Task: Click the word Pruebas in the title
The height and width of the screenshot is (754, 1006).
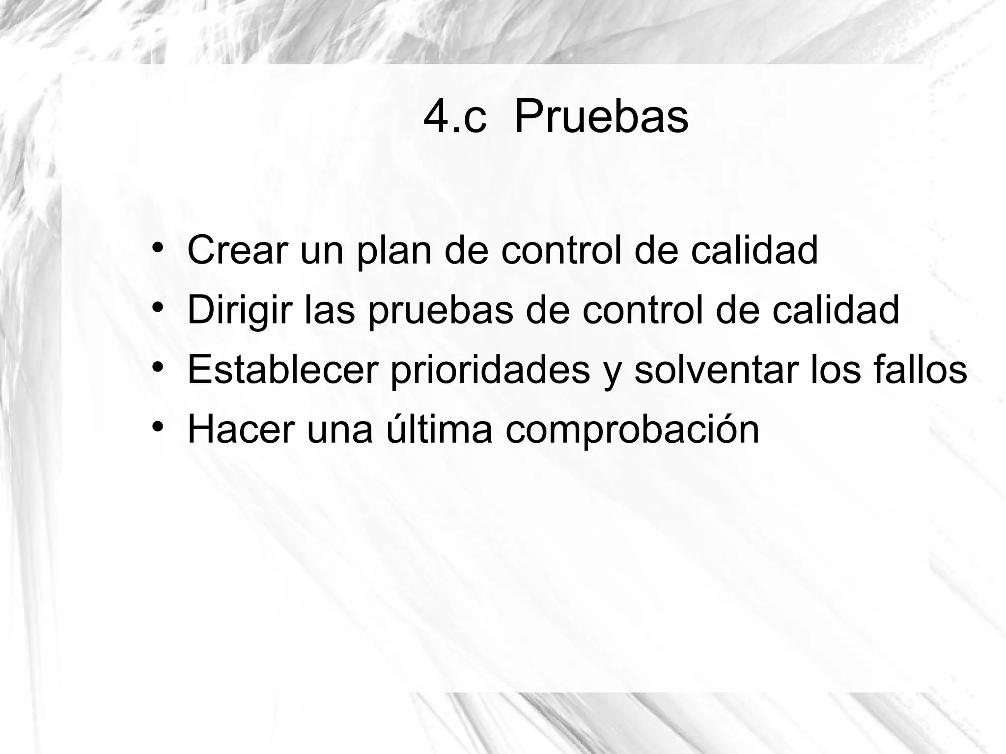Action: pyautogui.click(x=601, y=118)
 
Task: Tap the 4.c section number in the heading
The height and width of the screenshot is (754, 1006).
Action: pyautogui.click(x=455, y=118)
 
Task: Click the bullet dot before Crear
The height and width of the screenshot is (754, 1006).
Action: pyautogui.click(x=157, y=247)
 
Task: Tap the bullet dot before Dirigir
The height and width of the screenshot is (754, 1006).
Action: pyautogui.click(x=157, y=307)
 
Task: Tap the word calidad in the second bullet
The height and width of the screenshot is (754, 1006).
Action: pyautogui.click(x=836, y=310)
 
